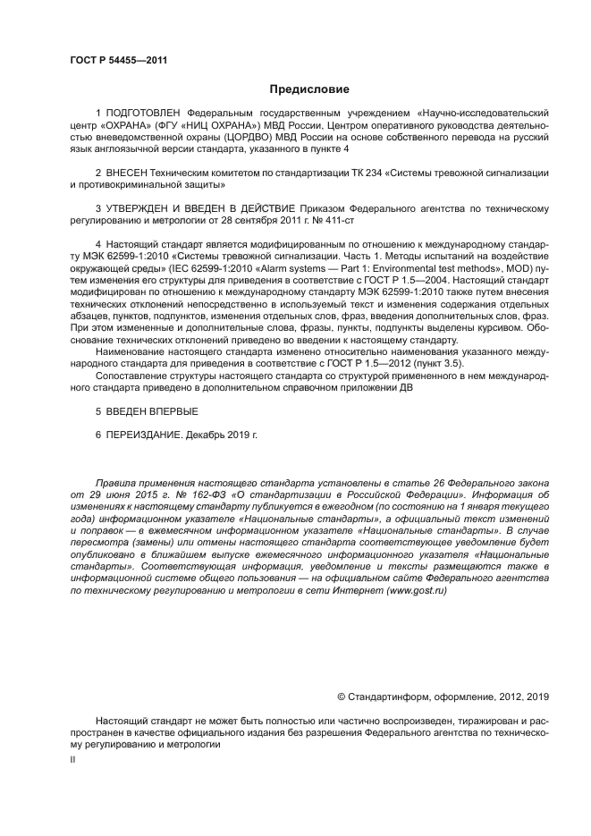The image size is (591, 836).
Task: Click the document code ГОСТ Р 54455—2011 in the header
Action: point(119,61)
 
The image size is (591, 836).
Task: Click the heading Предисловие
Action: point(309,89)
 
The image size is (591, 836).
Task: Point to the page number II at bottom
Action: point(73,759)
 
